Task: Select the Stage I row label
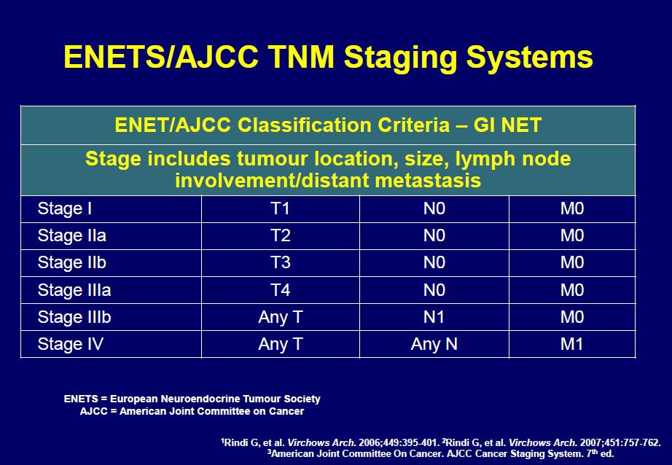(65, 208)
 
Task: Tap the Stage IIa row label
(72, 235)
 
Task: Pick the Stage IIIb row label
(74, 317)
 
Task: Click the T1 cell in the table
(281, 208)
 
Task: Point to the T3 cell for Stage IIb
(281, 262)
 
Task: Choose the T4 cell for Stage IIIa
(281, 290)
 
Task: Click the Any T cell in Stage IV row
(281, 344)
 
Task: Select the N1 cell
(434, 317)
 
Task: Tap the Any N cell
(434, 344)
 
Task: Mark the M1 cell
(571, 344)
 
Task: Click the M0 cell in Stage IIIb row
(572, 317)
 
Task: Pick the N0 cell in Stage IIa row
(434, 235)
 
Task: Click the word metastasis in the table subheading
(428, 181)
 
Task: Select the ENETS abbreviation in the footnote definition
(81, 399)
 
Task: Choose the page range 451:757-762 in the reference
(628, 442)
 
